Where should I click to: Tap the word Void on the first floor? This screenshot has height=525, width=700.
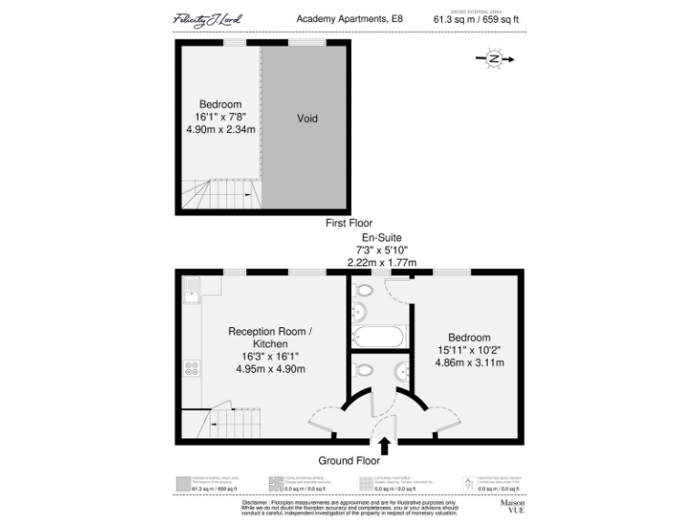coord(307,118)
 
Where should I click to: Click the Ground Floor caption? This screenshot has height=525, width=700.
coord(348,460)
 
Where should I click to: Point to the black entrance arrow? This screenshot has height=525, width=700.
coord(385,445)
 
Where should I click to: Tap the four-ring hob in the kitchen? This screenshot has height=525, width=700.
coord(191,368)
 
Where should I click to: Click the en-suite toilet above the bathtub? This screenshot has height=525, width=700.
coord(362,291)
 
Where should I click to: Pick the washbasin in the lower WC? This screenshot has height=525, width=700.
coord(404,372)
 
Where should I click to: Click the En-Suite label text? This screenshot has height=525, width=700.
coord(381,237)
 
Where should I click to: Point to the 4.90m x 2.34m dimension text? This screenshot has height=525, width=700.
coord(220,129)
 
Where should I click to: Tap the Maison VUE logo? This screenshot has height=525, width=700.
coord(511,506)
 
